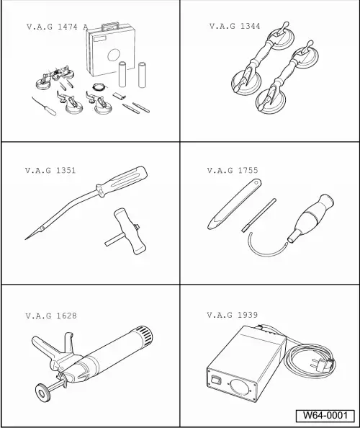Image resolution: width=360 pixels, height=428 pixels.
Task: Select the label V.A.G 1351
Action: (x=50, y=171)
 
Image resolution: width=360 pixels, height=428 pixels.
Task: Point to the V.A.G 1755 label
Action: (x=232, y=171)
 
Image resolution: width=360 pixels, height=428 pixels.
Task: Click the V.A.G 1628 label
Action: (x=50, y=316)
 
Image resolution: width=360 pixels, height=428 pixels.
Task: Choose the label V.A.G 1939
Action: (x=232, y=316)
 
